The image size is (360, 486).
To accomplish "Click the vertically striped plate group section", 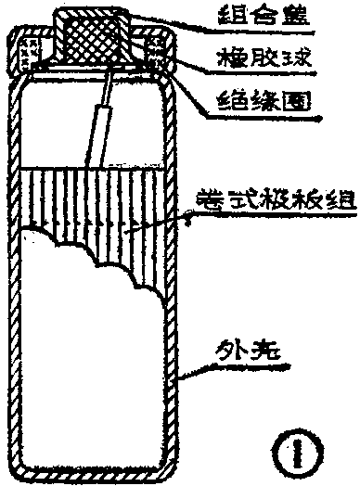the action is pyautogui.click(x=121, y=204).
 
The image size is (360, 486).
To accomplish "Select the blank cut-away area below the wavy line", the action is pyautogui.click(x=84, y=352).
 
